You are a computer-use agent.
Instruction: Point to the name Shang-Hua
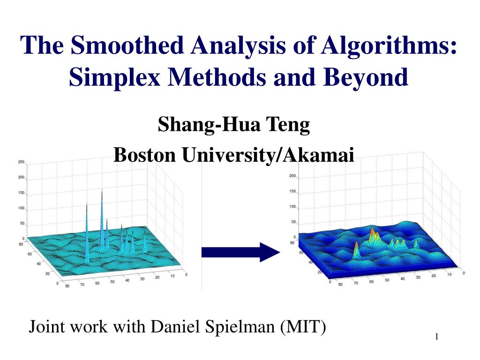[x=209, y=125]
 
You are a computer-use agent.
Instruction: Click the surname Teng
[x=288, y=125]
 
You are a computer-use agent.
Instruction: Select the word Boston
[x=145, y=155]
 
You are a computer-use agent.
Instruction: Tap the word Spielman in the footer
[x=240, y=327]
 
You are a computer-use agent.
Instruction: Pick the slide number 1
[x=436, y=337]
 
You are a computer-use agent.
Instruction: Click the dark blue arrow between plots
[x=240, y=252]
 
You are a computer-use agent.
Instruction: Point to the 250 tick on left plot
[x=21, y=162]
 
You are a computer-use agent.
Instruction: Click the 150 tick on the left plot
[x=21, y=193]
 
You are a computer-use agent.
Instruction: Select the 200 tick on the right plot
[x=292, y=176]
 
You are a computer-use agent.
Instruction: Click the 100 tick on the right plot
[x=292, y=207]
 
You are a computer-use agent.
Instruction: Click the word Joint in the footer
[x=47, y=326]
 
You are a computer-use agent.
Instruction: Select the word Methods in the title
[x=217, y=77]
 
